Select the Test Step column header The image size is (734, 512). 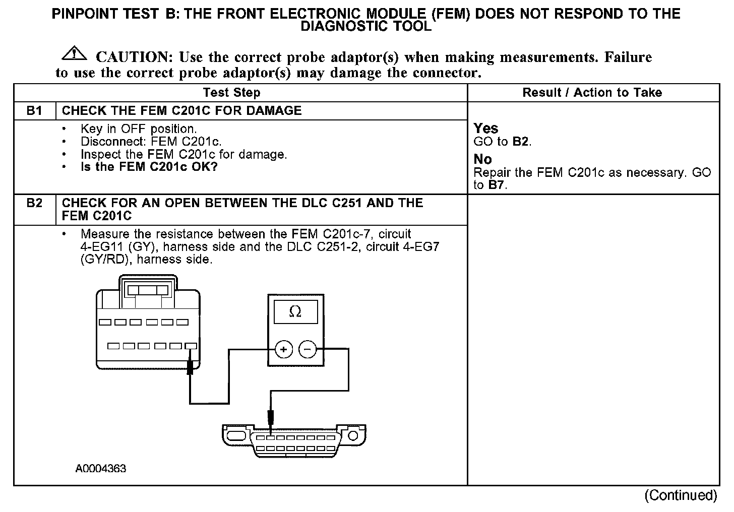232,93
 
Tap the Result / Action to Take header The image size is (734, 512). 592,93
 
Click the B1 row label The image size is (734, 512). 34,111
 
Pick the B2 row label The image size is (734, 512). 34,203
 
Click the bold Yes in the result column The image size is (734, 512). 486,129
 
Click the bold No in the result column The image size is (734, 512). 482,159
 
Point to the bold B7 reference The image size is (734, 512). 497,185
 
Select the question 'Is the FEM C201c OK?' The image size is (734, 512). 149,167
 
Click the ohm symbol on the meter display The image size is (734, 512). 295,312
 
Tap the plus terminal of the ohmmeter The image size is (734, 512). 284,349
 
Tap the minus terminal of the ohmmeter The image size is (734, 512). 308,349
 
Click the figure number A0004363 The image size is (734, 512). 101,469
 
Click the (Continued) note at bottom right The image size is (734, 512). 681,495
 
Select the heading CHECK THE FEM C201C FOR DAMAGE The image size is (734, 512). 181,111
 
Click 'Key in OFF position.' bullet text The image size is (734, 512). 139,129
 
